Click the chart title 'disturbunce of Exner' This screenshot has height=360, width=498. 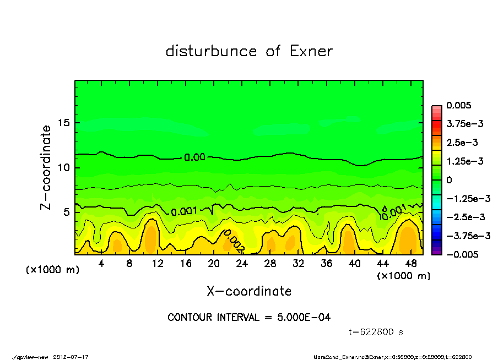[249, 52]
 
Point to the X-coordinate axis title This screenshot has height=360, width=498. [249, 291]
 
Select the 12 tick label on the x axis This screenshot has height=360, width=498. [158, 264]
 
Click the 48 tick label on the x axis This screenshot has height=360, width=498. [411, 264]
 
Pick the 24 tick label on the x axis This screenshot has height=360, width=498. [242, 264]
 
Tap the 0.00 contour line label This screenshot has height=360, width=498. [194, 157]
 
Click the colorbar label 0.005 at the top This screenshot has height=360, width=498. [459, 106]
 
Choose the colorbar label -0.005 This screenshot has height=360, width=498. [462, 254]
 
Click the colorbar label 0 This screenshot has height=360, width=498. [449, 180]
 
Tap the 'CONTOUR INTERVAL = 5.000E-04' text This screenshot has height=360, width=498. [249, 318]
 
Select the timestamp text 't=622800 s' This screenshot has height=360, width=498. [377, 332]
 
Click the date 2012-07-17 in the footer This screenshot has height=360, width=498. [71, 356]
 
